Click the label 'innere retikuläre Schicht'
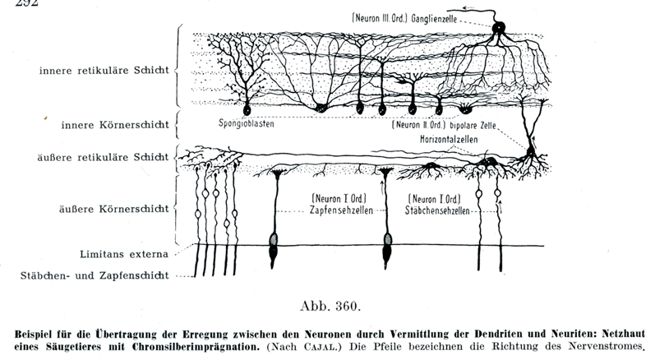[104, 71]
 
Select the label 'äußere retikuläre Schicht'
[104, 156]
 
